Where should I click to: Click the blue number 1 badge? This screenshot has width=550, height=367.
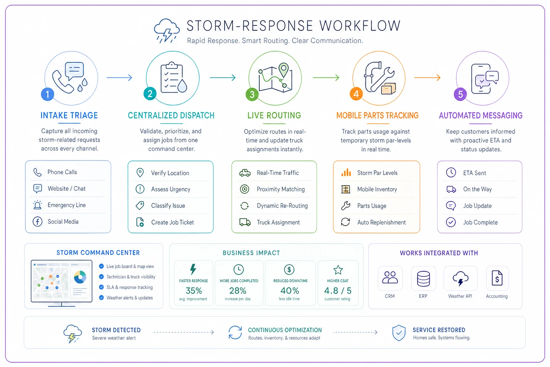click(47, 94)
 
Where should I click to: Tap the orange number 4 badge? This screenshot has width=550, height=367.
click(356, 94)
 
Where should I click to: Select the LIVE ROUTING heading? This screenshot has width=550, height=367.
click(274, 115)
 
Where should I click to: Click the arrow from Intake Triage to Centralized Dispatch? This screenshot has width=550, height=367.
click(119, 78)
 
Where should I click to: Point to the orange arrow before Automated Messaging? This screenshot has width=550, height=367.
click(427, 78)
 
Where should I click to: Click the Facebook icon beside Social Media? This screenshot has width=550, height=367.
click(37, 222)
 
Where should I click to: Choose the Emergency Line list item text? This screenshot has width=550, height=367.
click(67, 205)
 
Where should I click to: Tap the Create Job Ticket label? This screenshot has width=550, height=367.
click(172, 223)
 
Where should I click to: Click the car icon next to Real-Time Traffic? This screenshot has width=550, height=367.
click(245, 173)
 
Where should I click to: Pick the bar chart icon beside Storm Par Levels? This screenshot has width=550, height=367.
click(346, 172)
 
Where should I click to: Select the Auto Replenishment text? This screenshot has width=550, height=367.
click(381, 223)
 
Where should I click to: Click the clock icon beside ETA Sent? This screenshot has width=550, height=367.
click(451, 172)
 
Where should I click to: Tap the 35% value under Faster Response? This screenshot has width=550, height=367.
click(194, 291)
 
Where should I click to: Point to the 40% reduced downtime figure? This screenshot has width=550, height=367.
click(290, 291)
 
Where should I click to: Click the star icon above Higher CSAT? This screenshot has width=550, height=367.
click(338, 270)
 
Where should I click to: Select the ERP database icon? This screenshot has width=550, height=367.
click(423, 278)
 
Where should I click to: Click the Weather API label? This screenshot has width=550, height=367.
click(460, 296)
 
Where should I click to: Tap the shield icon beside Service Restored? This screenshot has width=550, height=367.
click(399, 333)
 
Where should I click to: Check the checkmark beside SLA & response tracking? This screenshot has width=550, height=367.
click(101, 287)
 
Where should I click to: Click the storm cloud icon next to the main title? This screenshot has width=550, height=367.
click(167, 31)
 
